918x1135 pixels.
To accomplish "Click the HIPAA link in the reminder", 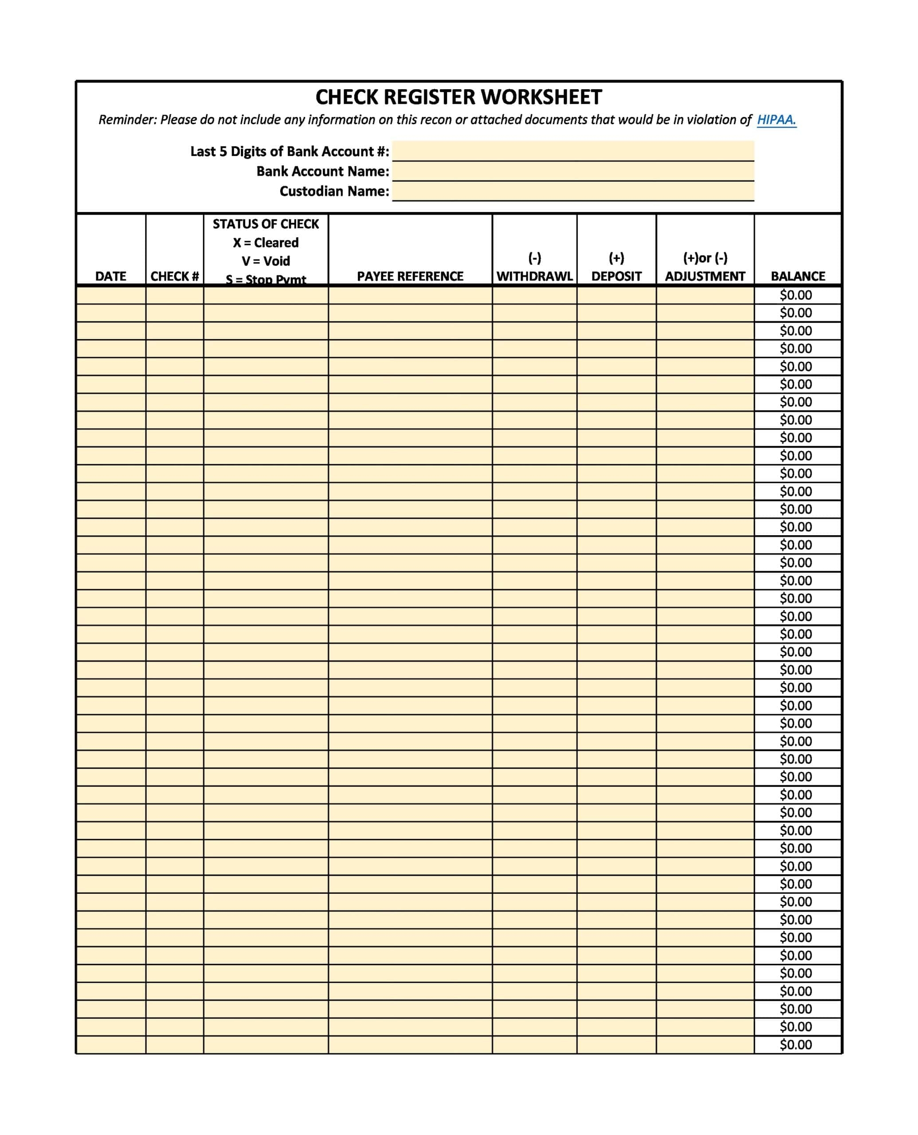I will click(x=776, y=120).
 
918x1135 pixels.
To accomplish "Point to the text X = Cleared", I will click(x=266, y=243).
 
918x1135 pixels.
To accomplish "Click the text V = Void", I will click(x=266, y=261).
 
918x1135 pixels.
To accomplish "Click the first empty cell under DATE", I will click(x=110, y=295).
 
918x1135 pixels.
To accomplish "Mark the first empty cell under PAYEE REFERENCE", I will click(x=410, y=295).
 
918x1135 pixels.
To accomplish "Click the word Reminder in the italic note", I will click(x=127, y=120).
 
